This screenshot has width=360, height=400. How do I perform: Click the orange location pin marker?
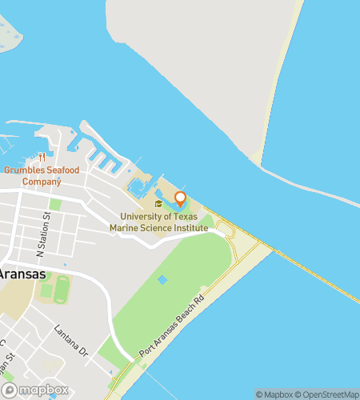180,198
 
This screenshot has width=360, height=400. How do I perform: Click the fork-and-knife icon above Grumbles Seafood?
42,157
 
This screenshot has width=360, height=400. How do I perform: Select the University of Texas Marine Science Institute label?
164,222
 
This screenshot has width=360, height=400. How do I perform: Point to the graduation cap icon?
158,204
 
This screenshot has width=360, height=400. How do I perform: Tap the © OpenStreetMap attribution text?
327,394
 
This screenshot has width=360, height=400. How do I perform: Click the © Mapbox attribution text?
274,394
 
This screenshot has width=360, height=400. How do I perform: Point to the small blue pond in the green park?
162,280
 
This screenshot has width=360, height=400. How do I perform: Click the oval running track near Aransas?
62,289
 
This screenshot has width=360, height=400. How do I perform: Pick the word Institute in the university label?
192,228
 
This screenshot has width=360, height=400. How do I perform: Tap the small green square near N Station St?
55,206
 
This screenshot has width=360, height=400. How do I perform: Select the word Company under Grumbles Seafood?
42,182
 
